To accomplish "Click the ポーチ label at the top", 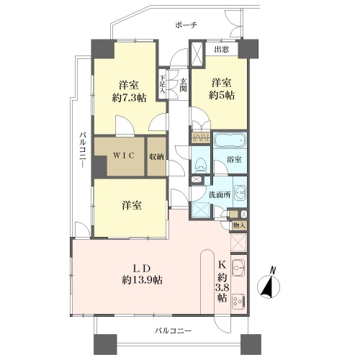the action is (186, 25).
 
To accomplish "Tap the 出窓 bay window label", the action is (222, 50).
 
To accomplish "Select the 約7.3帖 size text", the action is (130, 98).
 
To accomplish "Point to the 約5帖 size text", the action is (222, 95).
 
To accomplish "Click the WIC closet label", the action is (124, 156).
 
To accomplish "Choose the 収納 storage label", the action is (156, 157).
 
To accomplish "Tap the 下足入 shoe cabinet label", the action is (163, 84).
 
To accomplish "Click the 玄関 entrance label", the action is (184, 85).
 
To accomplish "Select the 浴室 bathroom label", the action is (234, 160).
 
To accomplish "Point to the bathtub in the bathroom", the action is (230, 141).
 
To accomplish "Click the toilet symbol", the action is (200, 166).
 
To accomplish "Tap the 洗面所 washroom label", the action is (220, 194).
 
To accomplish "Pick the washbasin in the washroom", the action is (240, 192).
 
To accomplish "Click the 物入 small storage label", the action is (239, 225).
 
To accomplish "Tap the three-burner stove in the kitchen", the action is (239, 302).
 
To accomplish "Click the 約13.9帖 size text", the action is (142, 279).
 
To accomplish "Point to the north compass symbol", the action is (269, 287).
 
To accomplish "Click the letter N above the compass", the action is (273, 271).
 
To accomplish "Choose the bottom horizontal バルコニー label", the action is (173, 331).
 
